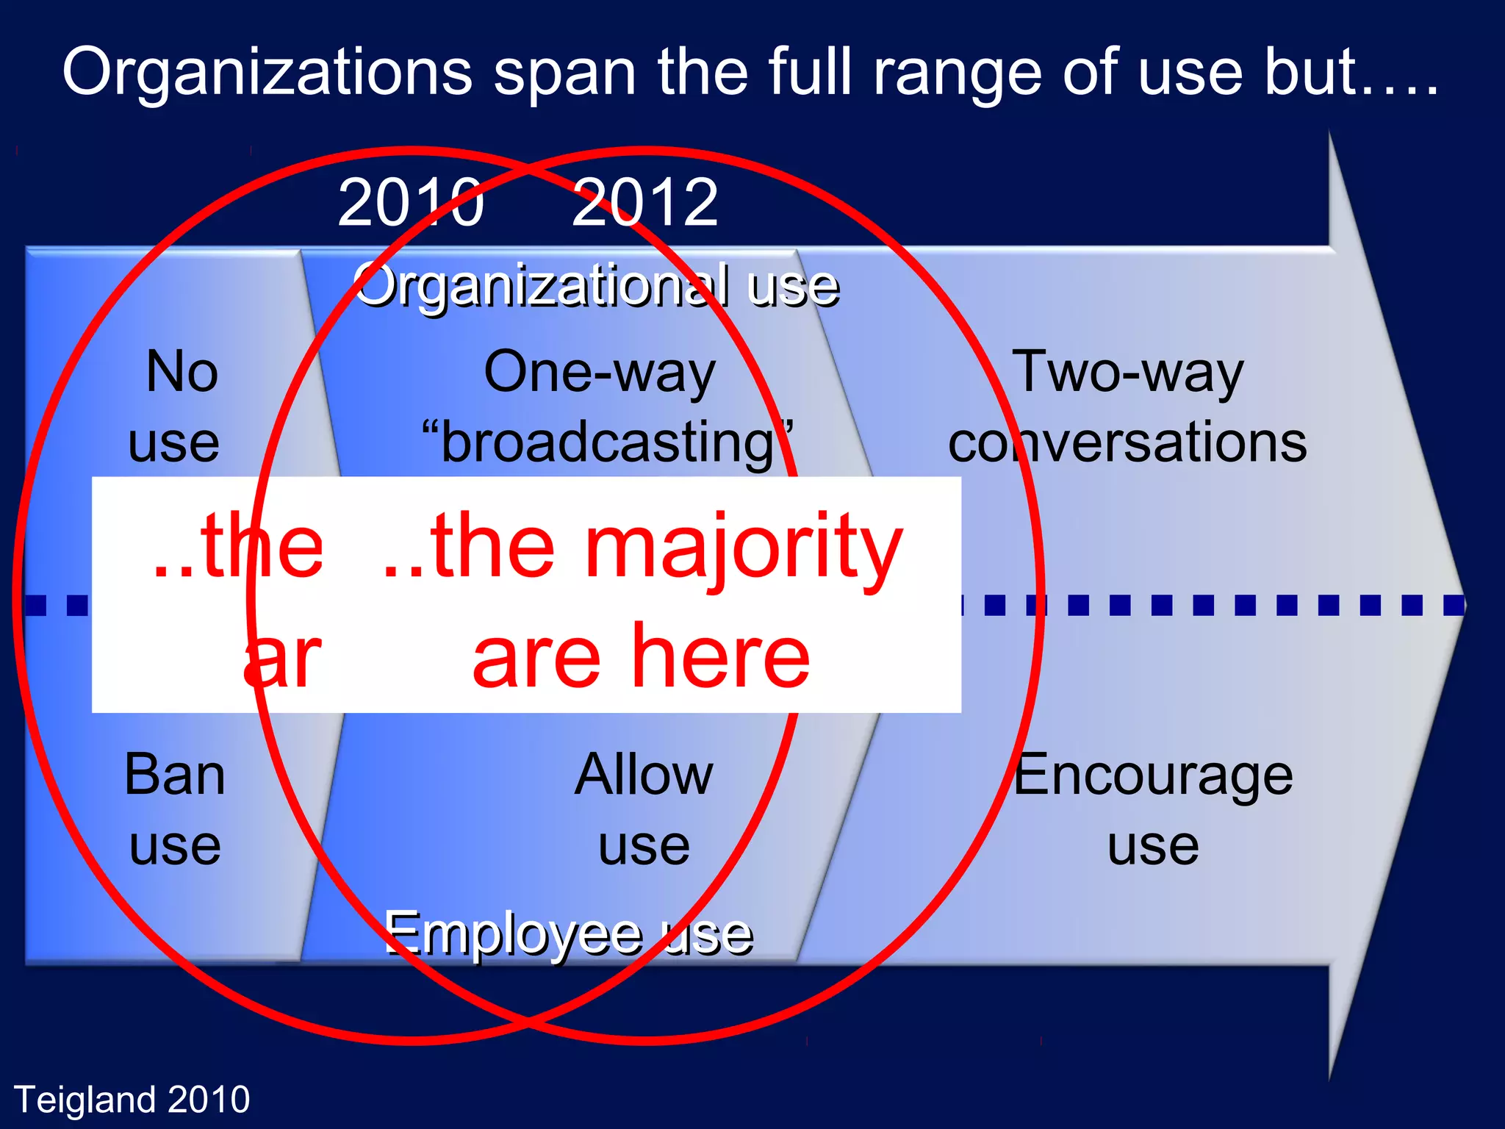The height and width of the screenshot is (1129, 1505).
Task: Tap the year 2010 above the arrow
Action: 410,203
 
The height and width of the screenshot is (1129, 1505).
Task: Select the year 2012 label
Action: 644,203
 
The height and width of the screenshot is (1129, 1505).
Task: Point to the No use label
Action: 176,406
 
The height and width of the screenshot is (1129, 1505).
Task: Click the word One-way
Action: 599,373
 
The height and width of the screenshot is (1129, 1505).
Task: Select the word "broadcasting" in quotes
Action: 607,443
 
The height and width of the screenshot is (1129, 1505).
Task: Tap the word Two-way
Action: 1127,373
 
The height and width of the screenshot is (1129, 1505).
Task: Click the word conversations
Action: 1127,443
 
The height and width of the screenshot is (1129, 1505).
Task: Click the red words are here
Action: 641,656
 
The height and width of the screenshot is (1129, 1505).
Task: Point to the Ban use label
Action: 175,809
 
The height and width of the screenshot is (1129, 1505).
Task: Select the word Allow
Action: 644,775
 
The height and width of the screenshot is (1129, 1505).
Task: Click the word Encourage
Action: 1153,775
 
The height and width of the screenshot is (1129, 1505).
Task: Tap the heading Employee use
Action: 568,934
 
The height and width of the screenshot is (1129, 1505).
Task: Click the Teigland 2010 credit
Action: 132,1100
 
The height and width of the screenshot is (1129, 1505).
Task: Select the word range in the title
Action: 958,73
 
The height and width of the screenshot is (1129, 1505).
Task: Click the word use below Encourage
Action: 1153,845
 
